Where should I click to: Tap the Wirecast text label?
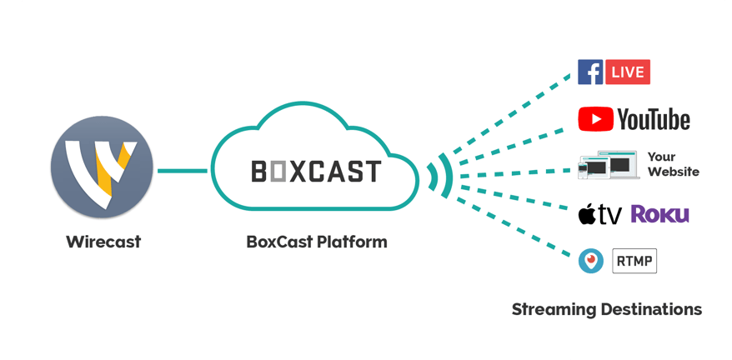click(x=103, y=242)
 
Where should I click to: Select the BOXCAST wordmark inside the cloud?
click(x=315, y=172)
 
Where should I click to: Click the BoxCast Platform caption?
click(x=317, y=242)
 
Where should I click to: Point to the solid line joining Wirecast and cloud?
click(x=183, y=172)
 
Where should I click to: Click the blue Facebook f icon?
click(x=590, y=72)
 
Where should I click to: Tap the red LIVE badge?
click(x=628, y=72)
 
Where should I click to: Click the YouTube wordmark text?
click(x=654, y=119)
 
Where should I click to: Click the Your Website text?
click(x=671, y=165)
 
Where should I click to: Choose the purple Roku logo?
click(x=659, y=214)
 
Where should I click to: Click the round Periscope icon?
click(x=591, y=261)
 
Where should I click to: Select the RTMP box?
click(x=634, y=261)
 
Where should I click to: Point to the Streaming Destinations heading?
click(x=606, y=309)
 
